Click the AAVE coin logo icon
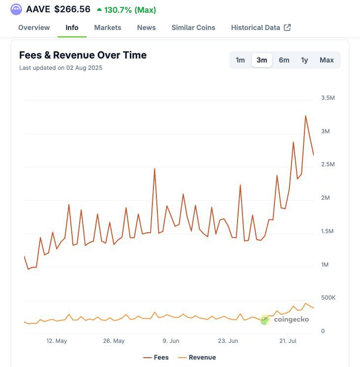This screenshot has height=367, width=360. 16,9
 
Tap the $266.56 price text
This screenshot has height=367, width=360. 72,9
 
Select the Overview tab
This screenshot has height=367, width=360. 34,28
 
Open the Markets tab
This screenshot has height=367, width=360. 108,28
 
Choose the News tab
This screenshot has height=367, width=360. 147,28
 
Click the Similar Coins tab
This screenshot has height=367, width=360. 193,28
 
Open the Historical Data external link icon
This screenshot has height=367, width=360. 288,28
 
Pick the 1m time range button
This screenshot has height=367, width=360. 240,60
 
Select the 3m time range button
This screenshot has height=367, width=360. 262,60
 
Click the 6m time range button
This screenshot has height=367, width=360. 284,60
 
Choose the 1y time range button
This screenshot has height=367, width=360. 304,60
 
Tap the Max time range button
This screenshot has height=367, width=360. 327,60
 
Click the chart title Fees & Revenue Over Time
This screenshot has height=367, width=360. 83,55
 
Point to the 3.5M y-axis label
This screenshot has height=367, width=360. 328,98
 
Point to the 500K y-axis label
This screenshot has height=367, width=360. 328,298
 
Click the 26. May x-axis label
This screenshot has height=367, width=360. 113,340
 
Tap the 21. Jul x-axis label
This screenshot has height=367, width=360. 289,340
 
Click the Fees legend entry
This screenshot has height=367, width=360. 156,358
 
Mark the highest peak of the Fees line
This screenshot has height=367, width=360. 305,116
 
